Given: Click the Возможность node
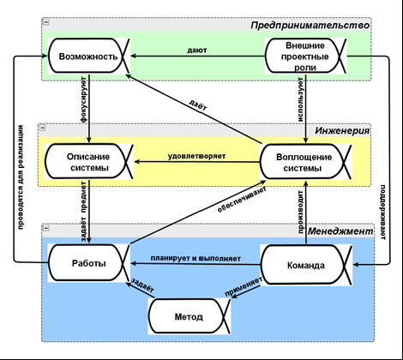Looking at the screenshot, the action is click(x=88, y=56).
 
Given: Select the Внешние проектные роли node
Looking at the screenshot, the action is click(x=305, y=56).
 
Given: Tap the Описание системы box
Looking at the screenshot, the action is click(x=89, y=162).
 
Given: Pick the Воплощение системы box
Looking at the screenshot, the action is click(x=305, y=162).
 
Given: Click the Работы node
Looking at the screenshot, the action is click(x=88, y=263).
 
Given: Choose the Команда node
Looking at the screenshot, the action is click(x=306, y=265).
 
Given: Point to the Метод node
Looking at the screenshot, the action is click(x=189, y=316).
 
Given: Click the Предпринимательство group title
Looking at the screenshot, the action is click(x=310, y=26).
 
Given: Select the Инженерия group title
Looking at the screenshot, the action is click(x=342, y=131).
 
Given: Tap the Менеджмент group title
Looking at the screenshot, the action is click(x=340, y=231).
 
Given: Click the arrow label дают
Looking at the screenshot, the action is click(x=197, y=51).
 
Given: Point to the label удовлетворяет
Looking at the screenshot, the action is click(x=196, y=156).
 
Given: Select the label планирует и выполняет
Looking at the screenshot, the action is click(x=195, y=258).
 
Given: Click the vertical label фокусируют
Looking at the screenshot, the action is click(x=83, y=99).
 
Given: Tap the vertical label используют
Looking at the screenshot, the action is click(x=300, y=99).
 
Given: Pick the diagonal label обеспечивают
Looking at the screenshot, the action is click(x=242, y=200).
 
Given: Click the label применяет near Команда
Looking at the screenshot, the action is click(x=244, y=287).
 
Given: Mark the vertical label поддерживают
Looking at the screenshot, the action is click(x=383, y=213).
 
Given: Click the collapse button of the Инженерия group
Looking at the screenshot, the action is click(x=43, y=128).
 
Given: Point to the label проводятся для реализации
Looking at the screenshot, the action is click(x=21, y=177).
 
